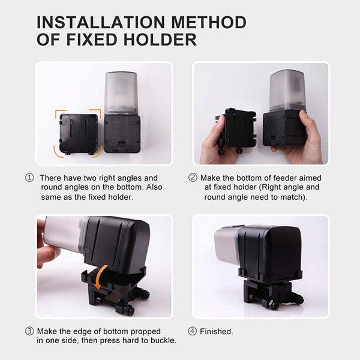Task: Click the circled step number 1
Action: click(29, 178)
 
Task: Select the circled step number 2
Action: click(193, 178)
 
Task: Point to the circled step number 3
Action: click(29, 331)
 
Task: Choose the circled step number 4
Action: click(193, 331)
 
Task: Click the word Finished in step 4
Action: click(217, 331)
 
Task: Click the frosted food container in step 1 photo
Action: click(121, 93)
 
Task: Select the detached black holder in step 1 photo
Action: click(78, 134)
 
